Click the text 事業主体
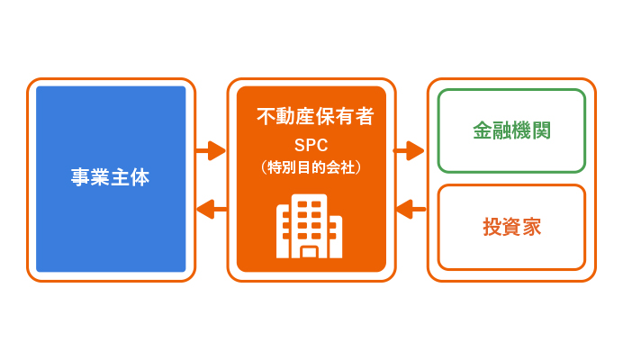point(110,177)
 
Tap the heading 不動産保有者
point(315,116)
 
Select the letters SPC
point(311,146)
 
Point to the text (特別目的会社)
point(311,167)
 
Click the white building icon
point(309,226)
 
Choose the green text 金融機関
point(511,130)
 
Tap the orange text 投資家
point(511,227)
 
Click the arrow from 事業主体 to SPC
point(211,150)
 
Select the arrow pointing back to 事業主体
point(212,209)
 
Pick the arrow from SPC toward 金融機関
point(409,150)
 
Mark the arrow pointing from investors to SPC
point(411,209)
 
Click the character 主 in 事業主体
point(120,177)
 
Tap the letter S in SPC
point(300,146)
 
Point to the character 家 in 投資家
point(531,227)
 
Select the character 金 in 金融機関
point(483,130)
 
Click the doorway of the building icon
point(309,253)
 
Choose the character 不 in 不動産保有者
point(266,116)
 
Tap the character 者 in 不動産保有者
point(365,116)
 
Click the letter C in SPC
point(322,146)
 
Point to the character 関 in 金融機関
point(542,130)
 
